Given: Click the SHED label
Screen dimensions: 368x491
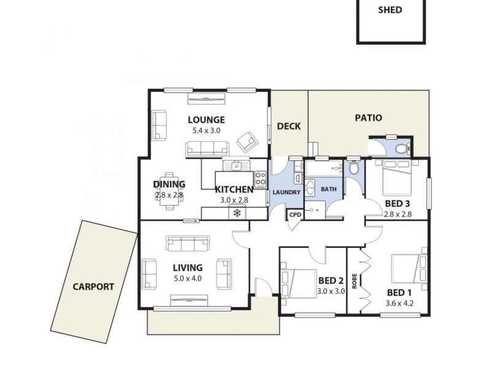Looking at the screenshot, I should click(x=391, y=10).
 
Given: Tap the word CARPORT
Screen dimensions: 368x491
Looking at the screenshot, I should click(x=93, y=286).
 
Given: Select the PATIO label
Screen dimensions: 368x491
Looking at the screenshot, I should click(x=368, y=118).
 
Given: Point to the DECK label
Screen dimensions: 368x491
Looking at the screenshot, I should click(x=288, y=126).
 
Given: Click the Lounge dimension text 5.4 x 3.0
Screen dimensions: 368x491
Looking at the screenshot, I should click(x=206, y=131).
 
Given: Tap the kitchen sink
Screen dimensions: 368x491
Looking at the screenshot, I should click(x=234, y=165).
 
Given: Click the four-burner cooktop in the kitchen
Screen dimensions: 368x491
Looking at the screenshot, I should click(x=260, y=179).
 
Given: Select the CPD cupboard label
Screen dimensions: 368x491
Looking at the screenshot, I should click(x=295, y=215).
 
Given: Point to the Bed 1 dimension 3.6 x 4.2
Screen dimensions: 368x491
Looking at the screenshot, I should click(x=400, y=302).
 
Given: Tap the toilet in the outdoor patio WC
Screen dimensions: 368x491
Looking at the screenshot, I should click(x=401, y=148).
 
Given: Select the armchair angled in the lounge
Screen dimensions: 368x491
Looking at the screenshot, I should click(x=247, y=142).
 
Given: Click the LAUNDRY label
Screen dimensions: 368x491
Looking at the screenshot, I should click(x=285, y=192).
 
